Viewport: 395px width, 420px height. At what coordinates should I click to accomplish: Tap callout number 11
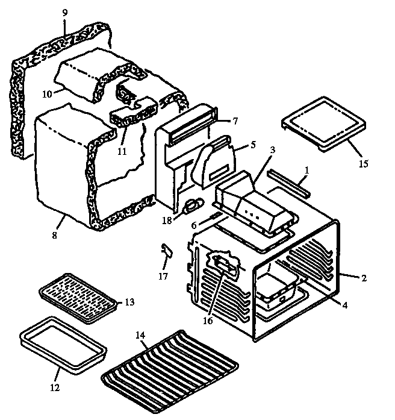(122, 151)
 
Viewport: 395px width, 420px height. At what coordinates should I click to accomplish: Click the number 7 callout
(235, 121)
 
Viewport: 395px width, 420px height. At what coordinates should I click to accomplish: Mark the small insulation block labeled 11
(132, 113)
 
